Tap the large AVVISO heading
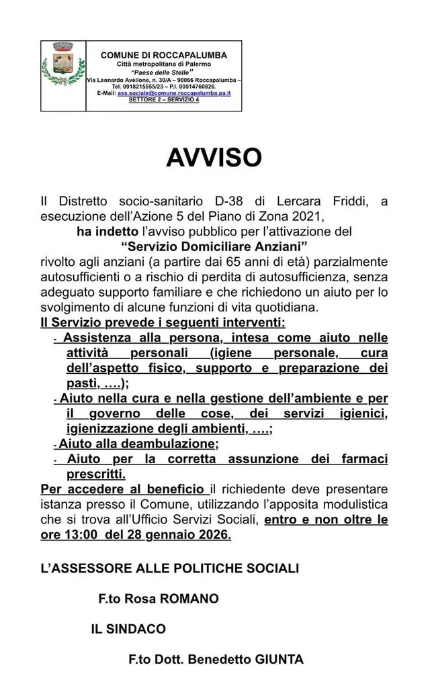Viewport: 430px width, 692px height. [214, 157]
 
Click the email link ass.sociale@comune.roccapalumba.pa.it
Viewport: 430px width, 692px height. [174, 93]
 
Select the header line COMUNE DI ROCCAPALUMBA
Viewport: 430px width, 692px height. [163, 55]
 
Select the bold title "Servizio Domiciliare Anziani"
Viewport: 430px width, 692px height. [214, 246]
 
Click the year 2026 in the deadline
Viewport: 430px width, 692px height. [210, 535]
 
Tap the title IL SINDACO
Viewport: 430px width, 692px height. [128, 629]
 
